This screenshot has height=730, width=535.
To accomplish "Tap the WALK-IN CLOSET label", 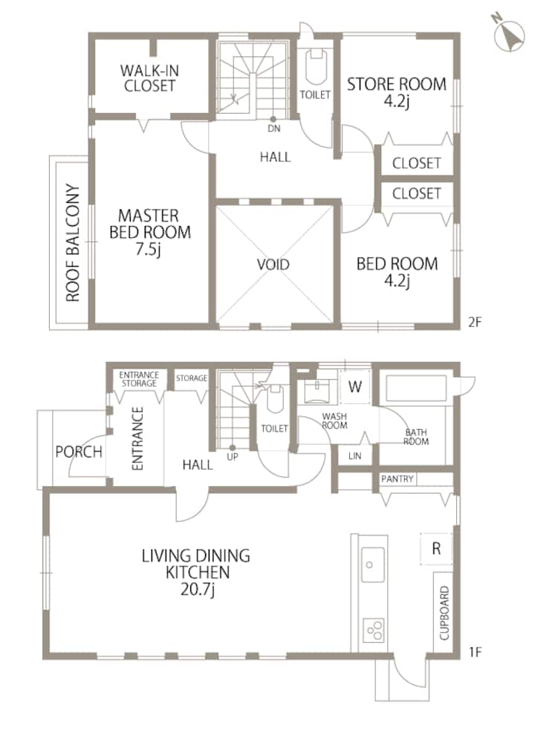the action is [x=149, y=78].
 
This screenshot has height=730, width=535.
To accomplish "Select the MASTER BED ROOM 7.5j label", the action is [x=149, y=232].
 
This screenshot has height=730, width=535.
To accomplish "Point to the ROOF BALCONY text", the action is [x=73, y=242].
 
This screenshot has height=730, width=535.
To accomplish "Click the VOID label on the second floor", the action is [x=273, y=265].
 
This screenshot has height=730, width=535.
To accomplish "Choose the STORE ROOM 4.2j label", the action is [x=396, y=91].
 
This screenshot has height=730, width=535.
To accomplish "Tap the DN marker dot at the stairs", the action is [x=273, y=119].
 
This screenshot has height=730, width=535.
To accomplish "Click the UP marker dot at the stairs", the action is [x=232, y=448].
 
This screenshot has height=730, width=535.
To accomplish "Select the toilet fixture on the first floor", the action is [x=276, y=398].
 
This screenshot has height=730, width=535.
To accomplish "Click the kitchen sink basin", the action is [x=372, y=564].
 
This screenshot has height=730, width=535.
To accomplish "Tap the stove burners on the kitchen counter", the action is [x=374, y=630].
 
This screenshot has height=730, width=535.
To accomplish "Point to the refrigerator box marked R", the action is [x=436, y=549].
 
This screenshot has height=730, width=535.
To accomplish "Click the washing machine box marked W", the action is [x=355, y=387].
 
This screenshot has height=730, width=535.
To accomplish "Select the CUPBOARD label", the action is [x=444, y=613].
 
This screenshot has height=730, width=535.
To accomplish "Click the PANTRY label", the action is [x=397, y=479].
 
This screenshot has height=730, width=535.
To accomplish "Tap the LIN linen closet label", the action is [x=354, y=456].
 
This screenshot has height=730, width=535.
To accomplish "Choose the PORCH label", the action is [x=79, y=451].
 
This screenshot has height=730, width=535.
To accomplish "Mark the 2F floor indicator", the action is [x=475, y=322].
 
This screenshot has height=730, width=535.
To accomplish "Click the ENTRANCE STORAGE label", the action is [x=139, y=379].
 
